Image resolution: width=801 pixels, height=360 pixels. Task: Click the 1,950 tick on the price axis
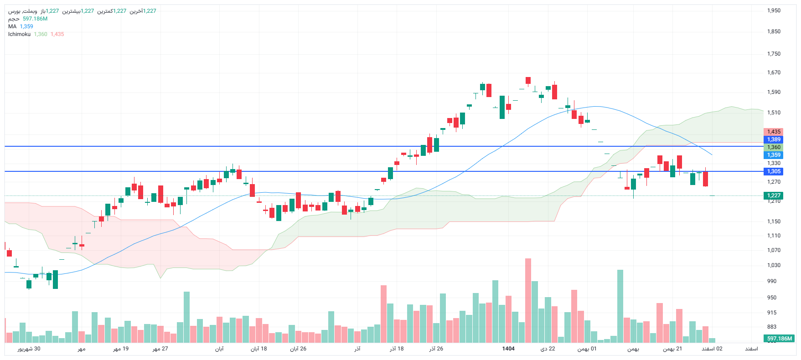pos(774,10)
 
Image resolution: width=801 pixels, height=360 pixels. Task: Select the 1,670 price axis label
pos(774,72)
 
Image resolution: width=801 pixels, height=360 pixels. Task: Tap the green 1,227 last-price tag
pos(774,195)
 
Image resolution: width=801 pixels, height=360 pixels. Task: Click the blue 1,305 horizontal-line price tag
pos(774,171)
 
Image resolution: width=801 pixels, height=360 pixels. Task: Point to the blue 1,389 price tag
pos(774,139)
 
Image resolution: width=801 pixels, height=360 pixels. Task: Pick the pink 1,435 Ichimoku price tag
pos(774,132)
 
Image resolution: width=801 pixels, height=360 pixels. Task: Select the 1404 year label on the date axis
pos(508,349)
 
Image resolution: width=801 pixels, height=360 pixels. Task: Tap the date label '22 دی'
pos(548,349)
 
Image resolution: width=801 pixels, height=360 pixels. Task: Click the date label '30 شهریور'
pos(29,349)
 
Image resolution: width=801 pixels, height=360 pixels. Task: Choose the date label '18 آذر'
pos(397,349)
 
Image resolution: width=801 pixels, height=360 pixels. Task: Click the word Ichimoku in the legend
pos(19,34)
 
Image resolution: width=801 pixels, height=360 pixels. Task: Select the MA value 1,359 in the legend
pos(26,26)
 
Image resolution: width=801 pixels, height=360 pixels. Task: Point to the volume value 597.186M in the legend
pos(35,19)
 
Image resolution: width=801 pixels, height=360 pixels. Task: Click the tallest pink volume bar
pos(528,301)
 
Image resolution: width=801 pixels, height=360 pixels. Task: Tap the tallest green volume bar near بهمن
pos(620,305)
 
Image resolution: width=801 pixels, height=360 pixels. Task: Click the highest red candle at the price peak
pos(528,81)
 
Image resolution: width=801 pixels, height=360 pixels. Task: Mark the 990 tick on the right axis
pos(772,281)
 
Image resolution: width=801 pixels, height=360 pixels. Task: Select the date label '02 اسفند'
pos(712,349)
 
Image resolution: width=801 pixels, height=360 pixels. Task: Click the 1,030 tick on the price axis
pos(774,265)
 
